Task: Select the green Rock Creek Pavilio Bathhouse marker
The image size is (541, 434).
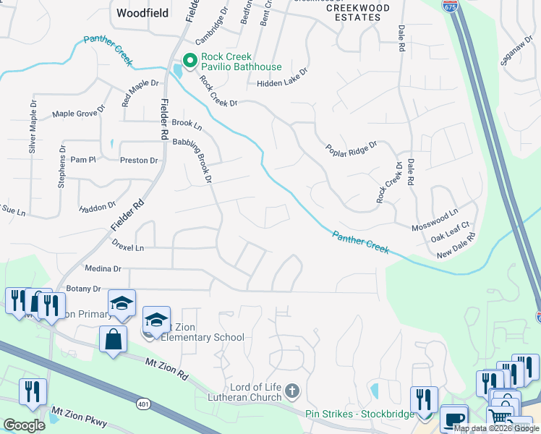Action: coord(190,61)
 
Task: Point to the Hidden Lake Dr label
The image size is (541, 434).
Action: coord(282,83)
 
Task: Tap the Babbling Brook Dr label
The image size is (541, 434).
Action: coord(201,161)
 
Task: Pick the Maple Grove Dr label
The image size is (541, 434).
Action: coord(79,114)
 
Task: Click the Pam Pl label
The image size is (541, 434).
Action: coord(83,159)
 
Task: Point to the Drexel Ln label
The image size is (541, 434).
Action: coord(128,247)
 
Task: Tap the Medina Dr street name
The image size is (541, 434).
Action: coord(103,268)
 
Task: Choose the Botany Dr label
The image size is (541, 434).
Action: coord(83,289)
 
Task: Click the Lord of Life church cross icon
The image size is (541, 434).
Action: coord(292,391)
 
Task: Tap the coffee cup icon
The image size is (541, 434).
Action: coord(453,419)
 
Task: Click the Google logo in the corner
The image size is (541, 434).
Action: coord(24,425)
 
